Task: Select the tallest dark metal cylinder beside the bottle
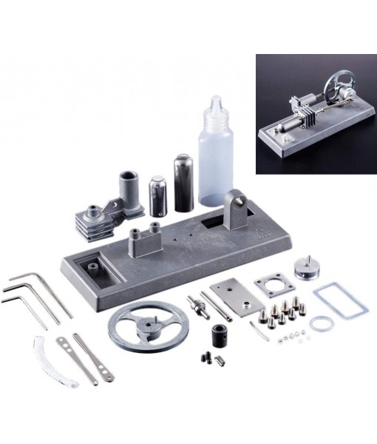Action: point(183,182)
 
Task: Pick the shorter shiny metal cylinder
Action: point(157,195)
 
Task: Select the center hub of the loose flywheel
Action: point(148,326)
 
